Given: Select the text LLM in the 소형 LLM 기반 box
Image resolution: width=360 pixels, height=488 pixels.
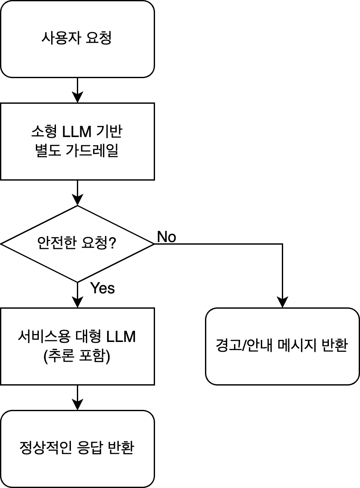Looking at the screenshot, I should pyautogui.click(x=77, y=133).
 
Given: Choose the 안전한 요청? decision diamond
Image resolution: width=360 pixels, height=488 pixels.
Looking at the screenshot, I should pyautogui.click(x=77, y=244).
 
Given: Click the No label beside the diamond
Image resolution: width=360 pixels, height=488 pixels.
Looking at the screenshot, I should pyautogui.click(x=167, y=237).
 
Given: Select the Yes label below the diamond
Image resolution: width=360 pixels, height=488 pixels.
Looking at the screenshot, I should pyautogui.click(x=102, y=289).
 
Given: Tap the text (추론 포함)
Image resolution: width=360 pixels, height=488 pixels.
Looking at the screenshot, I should pyautogui.click(x=77, y=356).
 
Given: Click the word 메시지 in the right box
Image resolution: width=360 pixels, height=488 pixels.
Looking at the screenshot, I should pyautogui.click(x=296, y=346).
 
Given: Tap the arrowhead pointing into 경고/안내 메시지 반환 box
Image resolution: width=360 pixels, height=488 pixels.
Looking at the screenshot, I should pyautogui.click(x=282, y=303).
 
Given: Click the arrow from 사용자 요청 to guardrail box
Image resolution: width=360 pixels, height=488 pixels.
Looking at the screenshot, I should pyautogui.click(x=77, y=90).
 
